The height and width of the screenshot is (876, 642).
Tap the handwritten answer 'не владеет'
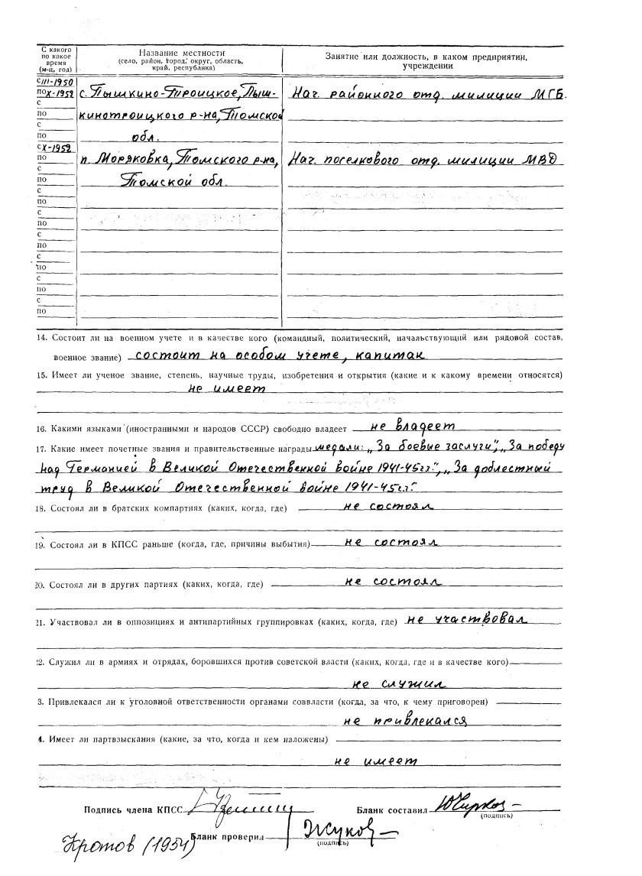click(412, 425)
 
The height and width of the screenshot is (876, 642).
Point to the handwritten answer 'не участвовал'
click(468, 618)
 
